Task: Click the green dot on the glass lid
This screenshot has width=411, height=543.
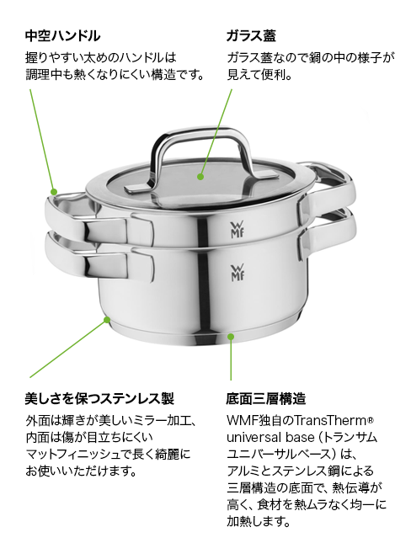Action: tap(200, 177)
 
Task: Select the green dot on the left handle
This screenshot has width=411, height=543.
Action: tap(54, 193)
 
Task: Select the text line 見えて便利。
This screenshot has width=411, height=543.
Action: tap(259, 75)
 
